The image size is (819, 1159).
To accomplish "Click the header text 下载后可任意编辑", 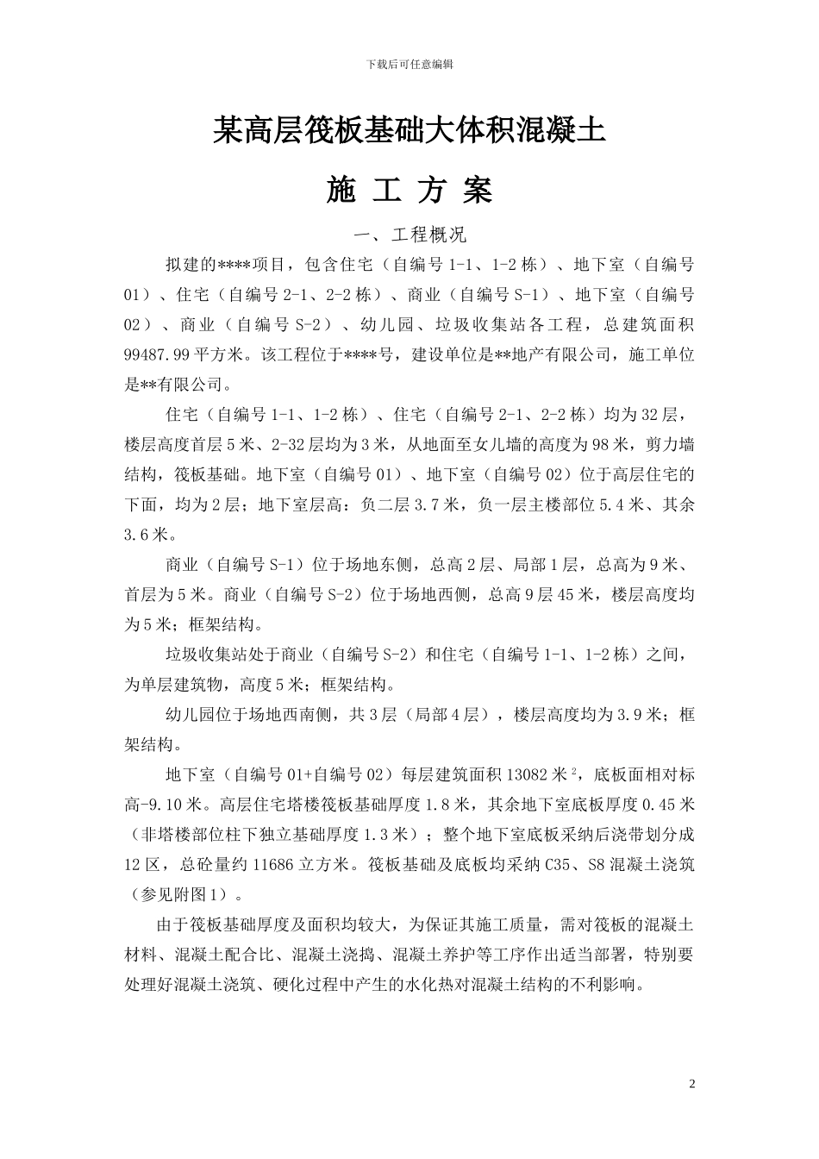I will pyautogui.click(x=409, y=64).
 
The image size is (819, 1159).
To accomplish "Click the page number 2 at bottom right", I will pyautogui.click(x=691, y=1082).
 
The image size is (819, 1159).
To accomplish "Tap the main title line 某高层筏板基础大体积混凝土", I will pyautogui.click(x=409, y=131).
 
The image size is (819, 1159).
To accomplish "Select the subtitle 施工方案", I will pyautogui.click(x=409, y=191).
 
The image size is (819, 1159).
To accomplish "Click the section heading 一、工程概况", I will pyautogui.click(x=410, y=235).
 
